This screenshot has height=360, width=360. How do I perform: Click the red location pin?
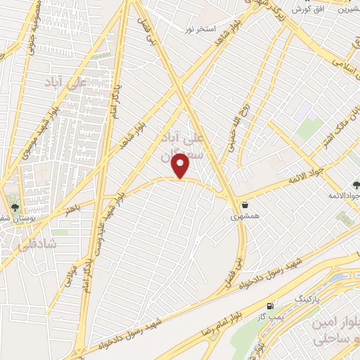coord(181,165)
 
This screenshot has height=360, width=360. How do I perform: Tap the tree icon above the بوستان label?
coord(15,207)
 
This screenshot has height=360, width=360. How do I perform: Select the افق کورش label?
coord(307,9)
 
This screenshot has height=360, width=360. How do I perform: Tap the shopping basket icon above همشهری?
coord(244,205)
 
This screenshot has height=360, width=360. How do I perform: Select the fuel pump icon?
coord(269,307)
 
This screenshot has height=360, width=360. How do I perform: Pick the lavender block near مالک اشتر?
coord(304,110)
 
